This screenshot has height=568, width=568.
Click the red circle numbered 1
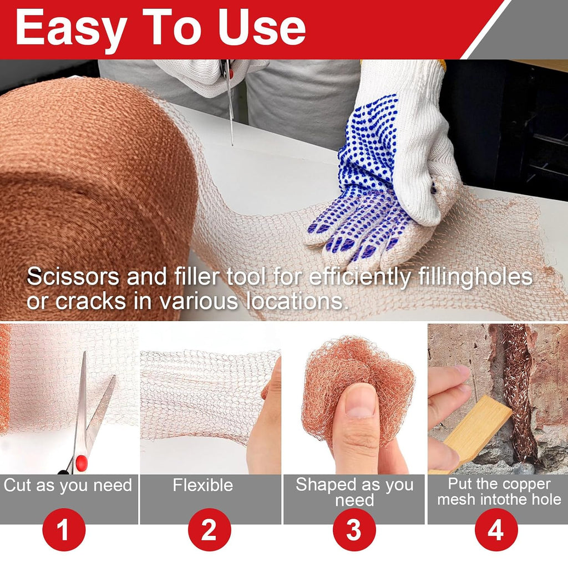(64, 530)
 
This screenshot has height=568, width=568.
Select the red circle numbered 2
(209, 530)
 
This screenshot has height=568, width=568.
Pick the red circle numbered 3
(354, 530)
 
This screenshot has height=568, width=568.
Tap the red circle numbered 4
(496, 530)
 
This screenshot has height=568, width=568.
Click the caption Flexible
(202, 485)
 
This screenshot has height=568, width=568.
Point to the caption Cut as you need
(68, 486)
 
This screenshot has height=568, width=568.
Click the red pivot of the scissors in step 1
(81, 461)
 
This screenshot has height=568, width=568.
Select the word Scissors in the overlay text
(73, 277)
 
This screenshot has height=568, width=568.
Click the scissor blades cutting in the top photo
(229, 105)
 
